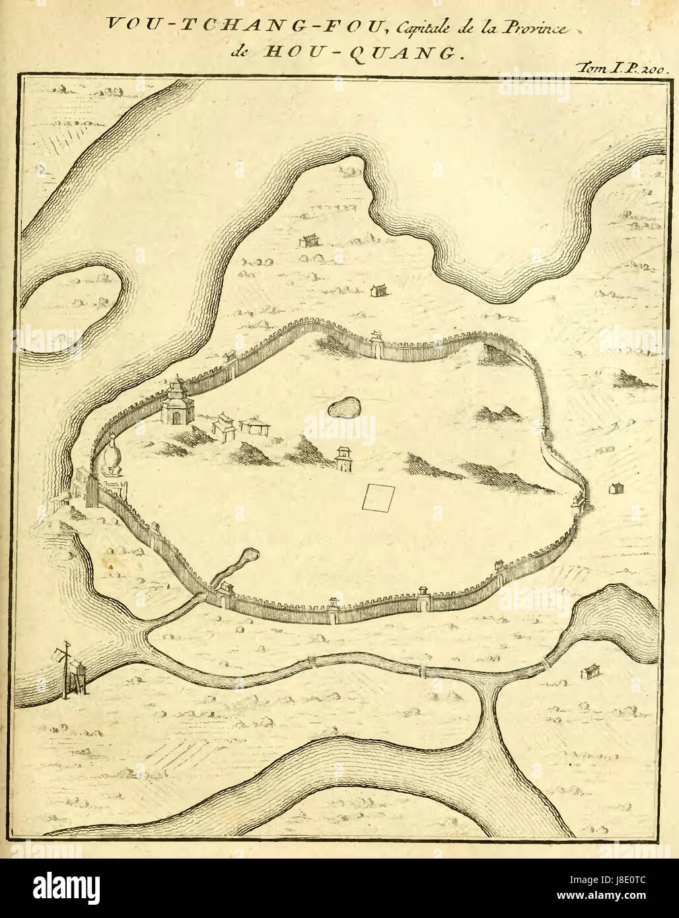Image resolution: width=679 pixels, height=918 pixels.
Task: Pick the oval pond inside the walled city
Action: click(x=345, y=408)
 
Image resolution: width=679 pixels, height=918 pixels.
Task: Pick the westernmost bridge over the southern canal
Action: click(x=310, y=661)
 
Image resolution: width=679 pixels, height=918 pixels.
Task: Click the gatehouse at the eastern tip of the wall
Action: click(x=579, y=500)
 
